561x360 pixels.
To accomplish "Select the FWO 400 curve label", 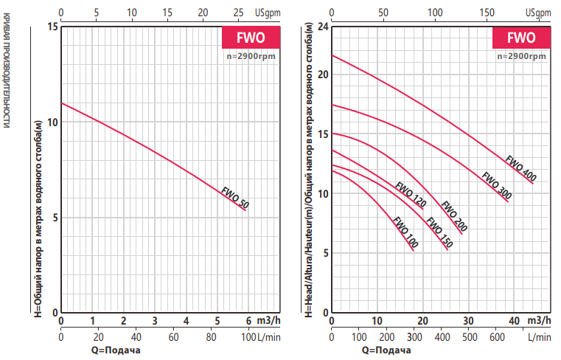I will coord(520,167).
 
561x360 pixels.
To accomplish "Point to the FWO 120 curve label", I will coord(411,195).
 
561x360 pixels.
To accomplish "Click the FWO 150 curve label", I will coord(439,229).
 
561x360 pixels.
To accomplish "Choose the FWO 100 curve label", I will coord(405,232).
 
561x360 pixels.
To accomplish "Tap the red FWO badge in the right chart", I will coord(521,38).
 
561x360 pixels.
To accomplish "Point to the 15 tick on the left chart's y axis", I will coord(52,27).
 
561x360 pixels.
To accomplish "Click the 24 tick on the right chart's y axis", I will coord(321,27).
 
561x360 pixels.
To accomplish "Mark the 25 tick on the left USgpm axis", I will coord(237,13).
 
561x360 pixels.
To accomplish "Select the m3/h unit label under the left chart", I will coord(268,321).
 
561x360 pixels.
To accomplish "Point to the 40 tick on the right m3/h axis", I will coord(514,321).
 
